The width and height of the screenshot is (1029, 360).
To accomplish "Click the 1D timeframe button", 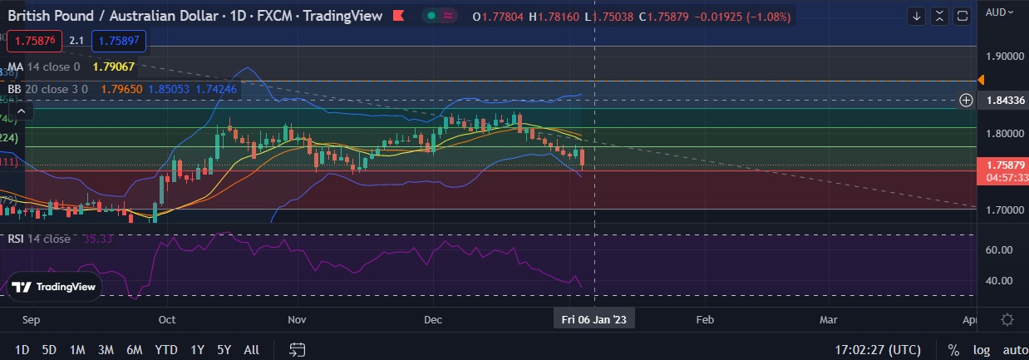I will click(22, 350).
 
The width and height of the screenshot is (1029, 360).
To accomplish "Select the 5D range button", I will click(49, 350).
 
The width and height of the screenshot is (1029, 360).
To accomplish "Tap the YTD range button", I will click(166, 350).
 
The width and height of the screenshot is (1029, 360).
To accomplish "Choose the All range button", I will click(251, 350).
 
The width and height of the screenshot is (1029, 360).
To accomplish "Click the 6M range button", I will click(135, 350).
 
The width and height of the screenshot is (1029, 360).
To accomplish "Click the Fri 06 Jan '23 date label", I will click(593, 319).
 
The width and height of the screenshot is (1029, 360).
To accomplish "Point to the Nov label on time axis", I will click(297, 319).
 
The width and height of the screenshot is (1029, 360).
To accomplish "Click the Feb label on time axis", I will click(705, 319).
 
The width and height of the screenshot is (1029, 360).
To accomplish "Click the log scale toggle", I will click(982, 350).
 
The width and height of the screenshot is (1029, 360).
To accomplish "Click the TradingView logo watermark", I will click(54, 288).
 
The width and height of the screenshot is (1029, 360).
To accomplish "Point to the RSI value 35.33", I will click(98, 239).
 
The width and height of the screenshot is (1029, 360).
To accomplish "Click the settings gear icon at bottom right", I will click(1007, 319).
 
